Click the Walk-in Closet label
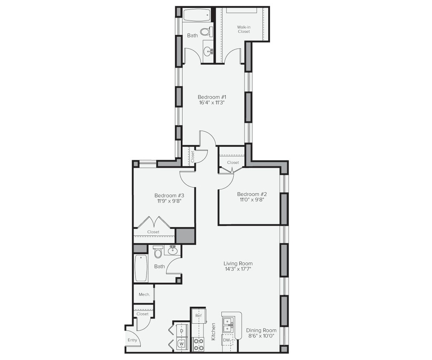coord(244,29)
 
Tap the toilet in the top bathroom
coord(206,32)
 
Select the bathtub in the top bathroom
coord(197,15)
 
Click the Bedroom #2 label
coord(251,194)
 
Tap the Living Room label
coord(238,263)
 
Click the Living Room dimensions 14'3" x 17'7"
coord(238,269)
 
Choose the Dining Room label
coord(261,330)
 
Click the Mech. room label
coord(144,294)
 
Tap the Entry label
coord(133,340)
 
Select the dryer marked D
coord(182,331)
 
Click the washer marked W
coord(182,343)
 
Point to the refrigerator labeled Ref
coord(198,316)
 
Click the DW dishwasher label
coord(226,340)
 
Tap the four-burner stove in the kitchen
coord(199,344)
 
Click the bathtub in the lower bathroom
coord(141,268)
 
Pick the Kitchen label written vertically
coord(213,331)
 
